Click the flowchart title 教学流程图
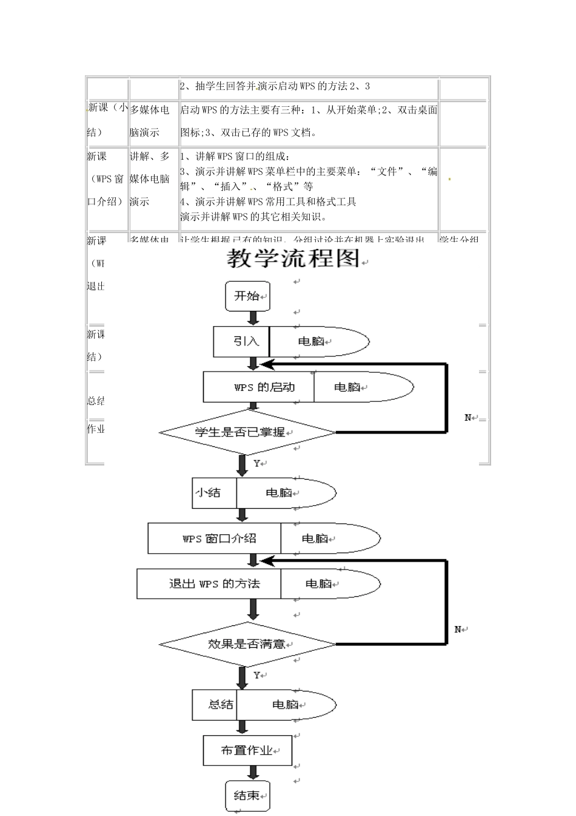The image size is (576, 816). click(x=293, y=259)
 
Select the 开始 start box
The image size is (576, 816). click(x=247, y=296)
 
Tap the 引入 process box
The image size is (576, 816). click(x=242, y=342)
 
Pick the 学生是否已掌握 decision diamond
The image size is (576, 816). click(x=247, y=432)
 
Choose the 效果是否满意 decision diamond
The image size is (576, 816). click(x=247, y=644)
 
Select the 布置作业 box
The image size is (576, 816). click(x=247, y=750)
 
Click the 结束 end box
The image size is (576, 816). click(x=247, y=795)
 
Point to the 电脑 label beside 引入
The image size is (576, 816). click(x=312, y=342)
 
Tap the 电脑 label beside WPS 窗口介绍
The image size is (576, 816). click(x=315, y=539)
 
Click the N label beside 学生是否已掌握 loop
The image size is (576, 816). click(x=468, y=418)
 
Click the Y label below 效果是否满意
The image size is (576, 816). click(x=256, y=675)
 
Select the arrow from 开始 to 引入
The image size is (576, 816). click(x=253, y=319)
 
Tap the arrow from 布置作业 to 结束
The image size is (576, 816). click(x=253, y=773)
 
